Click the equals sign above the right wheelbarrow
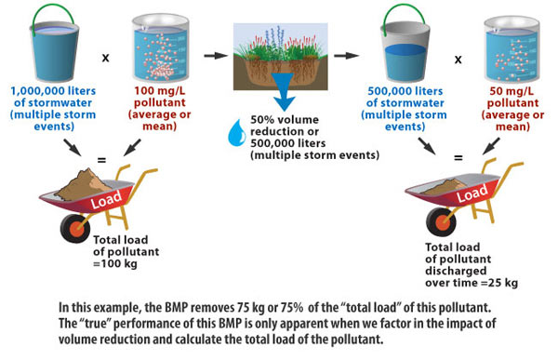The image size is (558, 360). point(457,158)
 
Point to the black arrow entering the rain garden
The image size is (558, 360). point(217,56)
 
